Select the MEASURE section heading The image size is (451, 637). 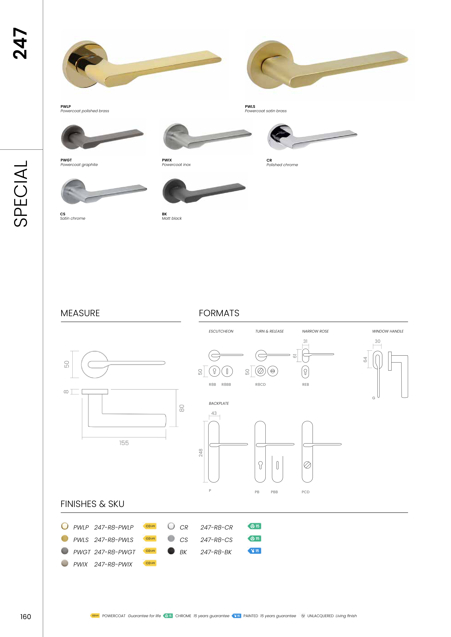click(80, 313)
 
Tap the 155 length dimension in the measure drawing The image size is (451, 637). click(124, 443)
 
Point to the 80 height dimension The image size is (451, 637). click(182, 408)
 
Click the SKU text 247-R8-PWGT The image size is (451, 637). click(115, 552)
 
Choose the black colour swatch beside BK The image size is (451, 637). click(171, 551)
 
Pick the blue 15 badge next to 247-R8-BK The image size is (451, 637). click(254, 551)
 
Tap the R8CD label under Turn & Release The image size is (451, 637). click(260, 385)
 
